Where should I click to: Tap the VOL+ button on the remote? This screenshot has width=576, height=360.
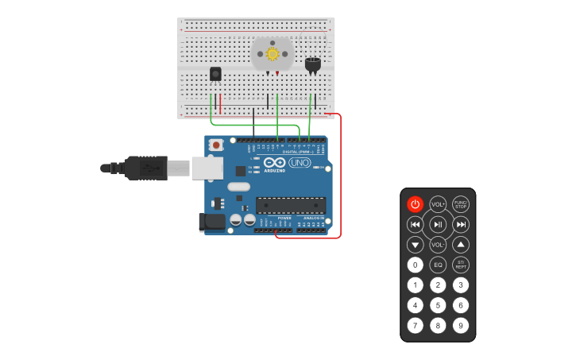438,204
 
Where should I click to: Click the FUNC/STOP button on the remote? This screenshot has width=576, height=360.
461,204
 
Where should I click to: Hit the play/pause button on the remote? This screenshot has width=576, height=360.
438,225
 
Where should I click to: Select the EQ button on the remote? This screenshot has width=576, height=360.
438,265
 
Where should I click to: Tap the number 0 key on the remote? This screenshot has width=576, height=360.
415,265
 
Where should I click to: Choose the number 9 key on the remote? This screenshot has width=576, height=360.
461,325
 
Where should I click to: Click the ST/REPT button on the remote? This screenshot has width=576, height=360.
461,265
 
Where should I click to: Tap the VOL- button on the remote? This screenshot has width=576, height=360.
438,245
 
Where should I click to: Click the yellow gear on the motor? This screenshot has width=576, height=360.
273,54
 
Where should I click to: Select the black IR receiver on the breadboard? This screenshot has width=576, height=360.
215,74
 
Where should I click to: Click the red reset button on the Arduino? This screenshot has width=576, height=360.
216,145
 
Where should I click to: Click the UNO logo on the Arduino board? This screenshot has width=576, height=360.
300,162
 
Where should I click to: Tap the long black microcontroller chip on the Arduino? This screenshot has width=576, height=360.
290,205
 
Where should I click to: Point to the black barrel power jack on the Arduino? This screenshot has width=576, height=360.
212,223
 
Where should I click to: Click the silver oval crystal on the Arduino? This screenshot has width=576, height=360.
238,187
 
